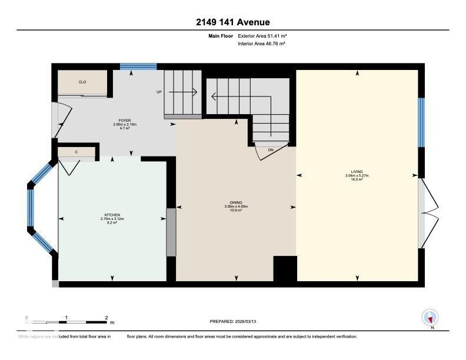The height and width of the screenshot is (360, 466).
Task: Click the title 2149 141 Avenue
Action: click(x=233, y=22)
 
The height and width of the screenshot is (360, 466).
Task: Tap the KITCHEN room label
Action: click(x=112, y=215)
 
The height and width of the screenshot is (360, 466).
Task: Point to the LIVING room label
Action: click(x=357, y=172)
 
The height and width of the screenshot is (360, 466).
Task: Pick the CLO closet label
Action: click(x=82, y=82)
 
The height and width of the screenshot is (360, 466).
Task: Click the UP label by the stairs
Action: click(x=159, y=92)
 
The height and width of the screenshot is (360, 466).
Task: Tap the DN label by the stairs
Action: click(x=271, y=150)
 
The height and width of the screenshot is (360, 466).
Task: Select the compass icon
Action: click(x=430, y=318)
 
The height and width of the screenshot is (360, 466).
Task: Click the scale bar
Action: click(x=68, y=321)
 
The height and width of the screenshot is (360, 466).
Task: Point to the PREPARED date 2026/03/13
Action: click(x=233, y=321)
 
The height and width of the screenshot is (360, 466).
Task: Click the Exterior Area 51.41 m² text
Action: click(x=262, y=36)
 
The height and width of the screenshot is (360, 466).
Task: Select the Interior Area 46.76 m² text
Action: click(x=262, y=44)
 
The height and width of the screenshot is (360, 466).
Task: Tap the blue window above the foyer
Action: click(x=138, y=66)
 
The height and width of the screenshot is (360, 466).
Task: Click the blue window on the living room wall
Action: click(x=421, y=122)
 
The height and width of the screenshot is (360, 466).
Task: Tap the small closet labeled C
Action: click(x=76, y=152)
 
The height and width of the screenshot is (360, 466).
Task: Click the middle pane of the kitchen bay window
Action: click(x=31, y=207)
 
